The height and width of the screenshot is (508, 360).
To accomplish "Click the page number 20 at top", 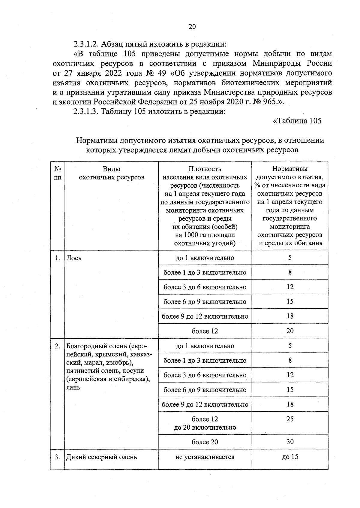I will pos(192,27).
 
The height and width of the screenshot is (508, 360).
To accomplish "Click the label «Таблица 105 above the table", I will pos(297,121).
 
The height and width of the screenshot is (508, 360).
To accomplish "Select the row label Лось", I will pos(74,258).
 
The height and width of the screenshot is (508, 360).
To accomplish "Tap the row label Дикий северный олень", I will pos(101,457).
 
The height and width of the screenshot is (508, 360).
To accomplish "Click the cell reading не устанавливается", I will pos(205,457).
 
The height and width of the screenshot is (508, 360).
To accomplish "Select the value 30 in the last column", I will pos(290,442).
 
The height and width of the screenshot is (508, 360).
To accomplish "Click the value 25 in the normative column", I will pos(290,419).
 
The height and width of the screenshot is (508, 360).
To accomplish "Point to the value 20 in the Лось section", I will pos(290,331).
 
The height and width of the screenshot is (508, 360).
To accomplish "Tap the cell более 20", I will pos(205,442).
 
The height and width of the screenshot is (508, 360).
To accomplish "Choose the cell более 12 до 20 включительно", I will pos(205,423).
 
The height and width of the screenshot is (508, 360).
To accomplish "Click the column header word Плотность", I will pos(205,169).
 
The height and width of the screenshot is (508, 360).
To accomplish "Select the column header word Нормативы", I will pos(290,169).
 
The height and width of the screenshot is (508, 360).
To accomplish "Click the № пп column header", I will pos(58,173).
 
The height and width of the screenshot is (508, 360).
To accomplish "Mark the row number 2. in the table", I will pos(57,346).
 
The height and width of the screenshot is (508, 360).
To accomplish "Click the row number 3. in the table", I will pos(57,457).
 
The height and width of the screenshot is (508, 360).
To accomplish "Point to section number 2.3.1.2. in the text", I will pos(86,44).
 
